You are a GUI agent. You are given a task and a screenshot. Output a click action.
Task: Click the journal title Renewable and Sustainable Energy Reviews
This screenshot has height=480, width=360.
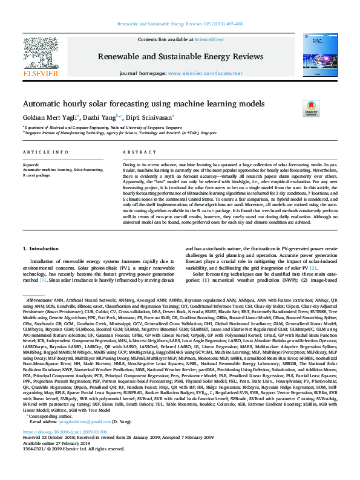click(180, 57)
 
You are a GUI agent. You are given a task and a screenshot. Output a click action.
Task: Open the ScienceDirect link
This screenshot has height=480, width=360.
click(209, 39)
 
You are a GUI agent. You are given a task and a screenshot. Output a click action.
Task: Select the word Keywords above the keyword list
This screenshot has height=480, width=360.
click(31, 164)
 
